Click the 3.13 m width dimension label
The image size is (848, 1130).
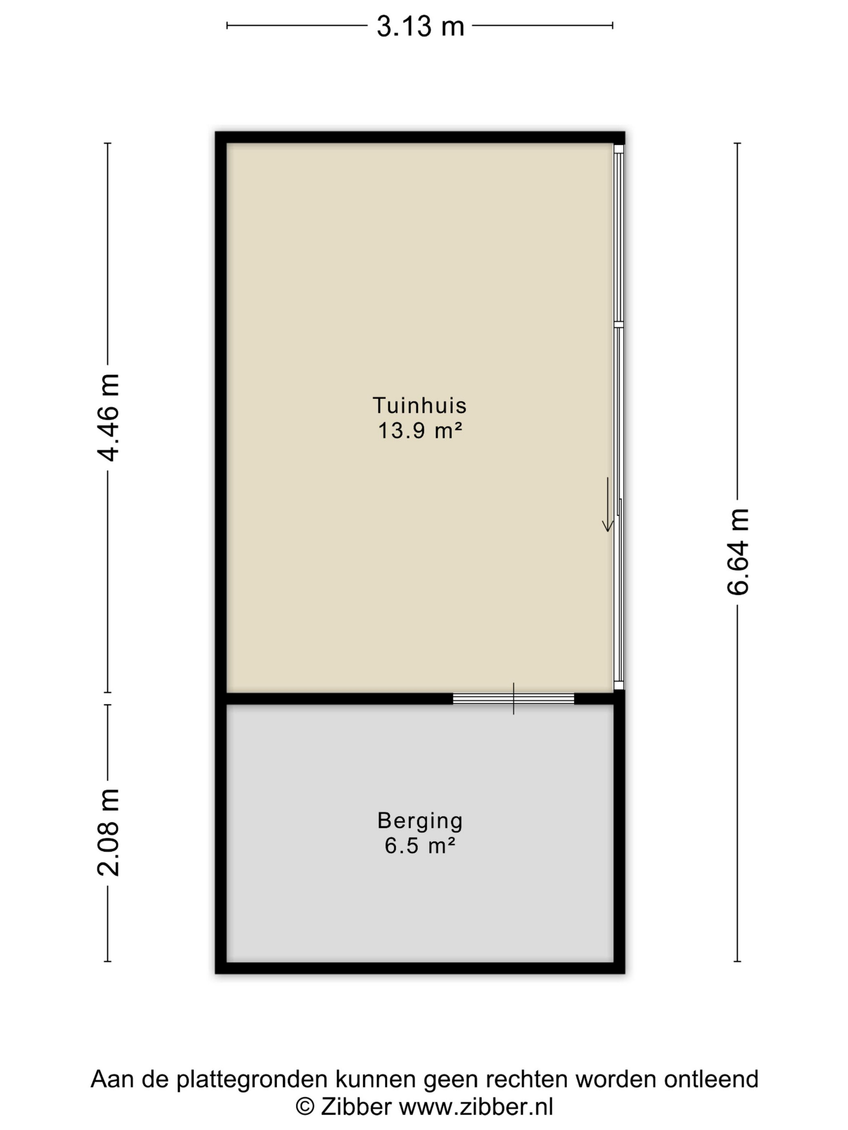(x=420, y=26)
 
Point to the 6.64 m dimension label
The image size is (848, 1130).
(x=738, y=551)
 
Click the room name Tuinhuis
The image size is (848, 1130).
(x=420, y=405)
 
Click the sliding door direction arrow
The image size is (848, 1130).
(x=608, y=504)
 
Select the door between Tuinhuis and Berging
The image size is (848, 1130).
(x=513, y=698)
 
